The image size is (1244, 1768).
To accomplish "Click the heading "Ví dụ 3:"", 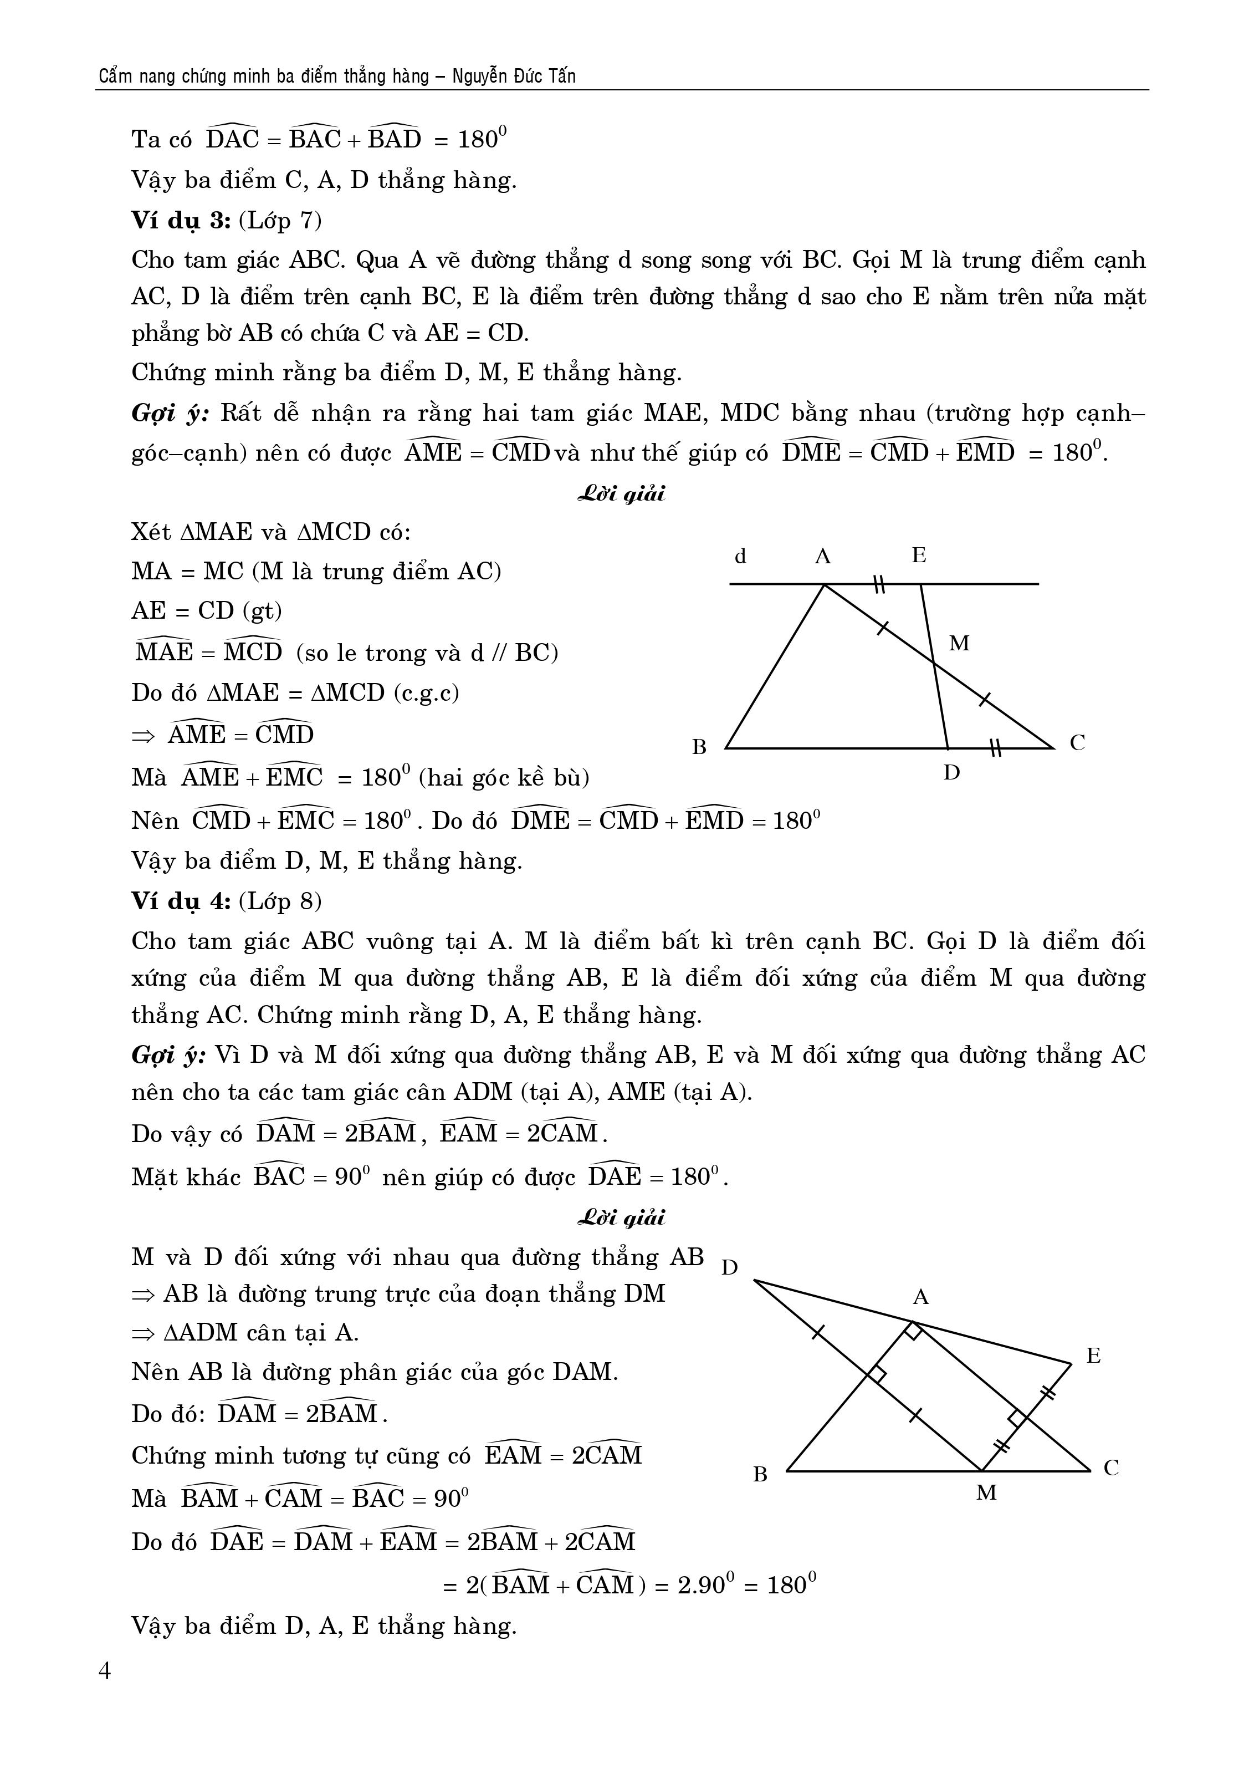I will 180,221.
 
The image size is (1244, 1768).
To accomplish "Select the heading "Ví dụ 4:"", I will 180,900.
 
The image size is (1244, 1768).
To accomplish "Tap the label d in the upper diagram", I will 740,556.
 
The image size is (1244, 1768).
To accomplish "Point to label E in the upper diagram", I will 918,555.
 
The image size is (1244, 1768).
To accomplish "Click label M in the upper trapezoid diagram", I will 959,643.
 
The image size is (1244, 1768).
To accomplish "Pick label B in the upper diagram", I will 699,747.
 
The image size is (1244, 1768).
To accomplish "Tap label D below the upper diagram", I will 951,772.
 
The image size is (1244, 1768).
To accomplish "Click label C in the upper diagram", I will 1077,743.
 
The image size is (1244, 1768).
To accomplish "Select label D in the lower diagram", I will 730,1267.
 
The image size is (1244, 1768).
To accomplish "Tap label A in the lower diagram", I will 921,1297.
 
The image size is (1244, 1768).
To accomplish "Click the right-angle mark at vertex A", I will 913,1331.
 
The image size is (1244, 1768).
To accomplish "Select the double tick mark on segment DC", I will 995,747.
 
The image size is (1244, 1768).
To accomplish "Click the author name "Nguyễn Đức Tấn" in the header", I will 514,77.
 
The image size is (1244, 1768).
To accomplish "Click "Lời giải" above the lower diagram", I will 621,1217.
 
